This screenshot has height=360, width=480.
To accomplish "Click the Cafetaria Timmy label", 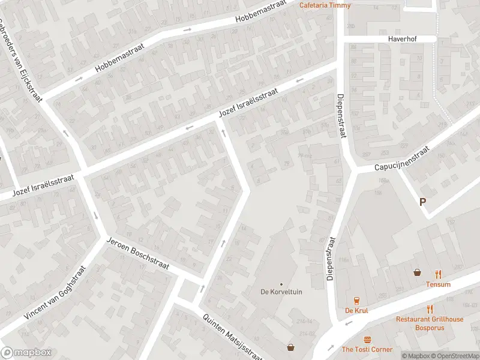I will click(x=325, y=5).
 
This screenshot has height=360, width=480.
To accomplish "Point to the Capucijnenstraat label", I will click(x=403, y=160).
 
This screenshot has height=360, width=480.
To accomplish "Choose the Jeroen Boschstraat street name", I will click(x=137, y=253).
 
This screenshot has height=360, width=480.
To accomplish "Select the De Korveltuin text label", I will click(x=280, y=292).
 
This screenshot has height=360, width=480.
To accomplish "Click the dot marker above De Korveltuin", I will click(x=281, y=284).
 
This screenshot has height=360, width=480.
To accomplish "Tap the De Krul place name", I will click(x=356, y=310).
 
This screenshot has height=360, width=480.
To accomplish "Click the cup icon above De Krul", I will click(x=356, y=300).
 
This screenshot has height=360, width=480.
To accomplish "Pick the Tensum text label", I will click(x=438, y=284).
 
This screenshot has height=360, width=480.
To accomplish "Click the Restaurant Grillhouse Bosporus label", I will click(x=430, y=323).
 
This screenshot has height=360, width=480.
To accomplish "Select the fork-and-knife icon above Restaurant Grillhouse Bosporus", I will click(x=430, y=310).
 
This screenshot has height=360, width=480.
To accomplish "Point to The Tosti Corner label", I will click(x=367, y=349).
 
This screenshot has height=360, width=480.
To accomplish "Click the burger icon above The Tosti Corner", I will click(x=367, y=339).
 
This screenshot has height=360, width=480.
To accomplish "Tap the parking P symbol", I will click(x=424, y=203).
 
